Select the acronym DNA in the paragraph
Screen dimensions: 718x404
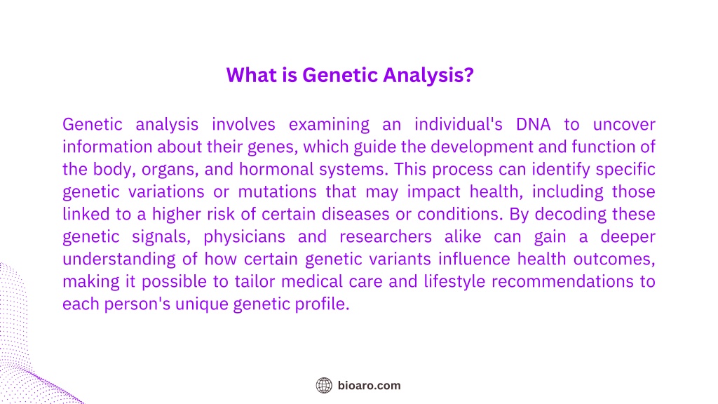[533, 125]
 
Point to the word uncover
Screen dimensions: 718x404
[624, 125]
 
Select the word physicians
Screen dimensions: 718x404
[245, 237]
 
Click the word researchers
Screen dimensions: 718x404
[386, 237]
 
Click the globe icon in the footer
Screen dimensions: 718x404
[324, 386]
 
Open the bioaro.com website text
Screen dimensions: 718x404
[369, 386]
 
